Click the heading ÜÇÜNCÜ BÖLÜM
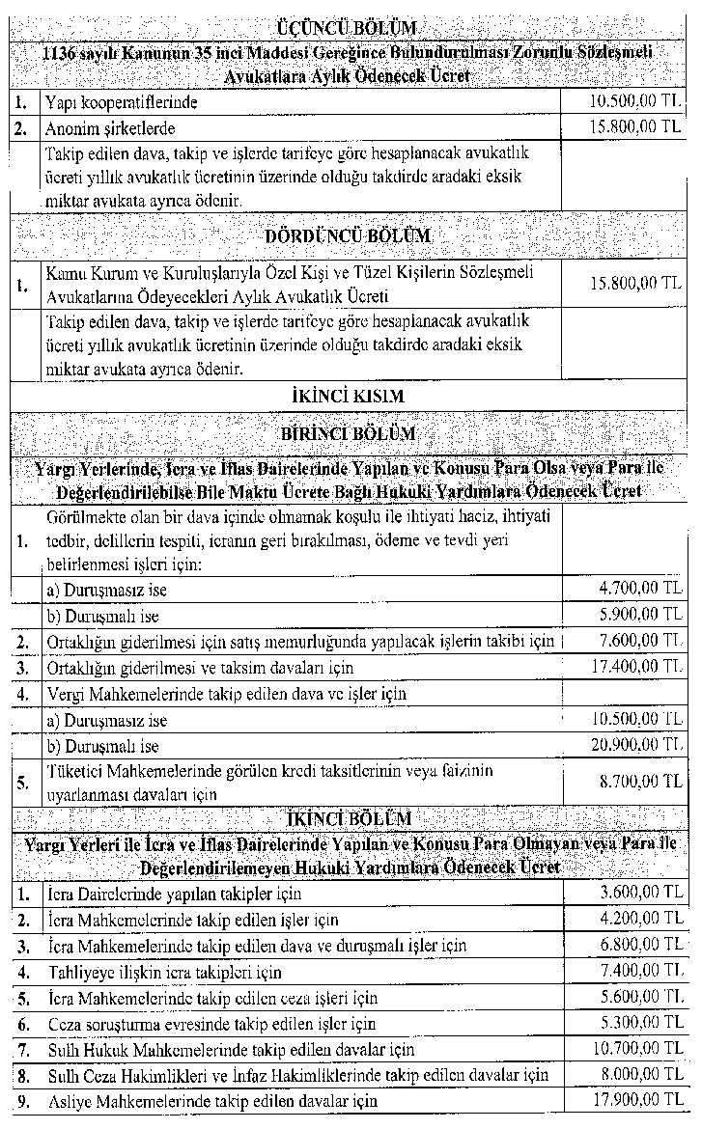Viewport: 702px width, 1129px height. point(351,27)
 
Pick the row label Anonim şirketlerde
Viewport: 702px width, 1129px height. point(109,127)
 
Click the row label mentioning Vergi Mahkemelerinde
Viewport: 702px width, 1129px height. point(227,693)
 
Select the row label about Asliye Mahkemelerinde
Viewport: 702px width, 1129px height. point(212,1100)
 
